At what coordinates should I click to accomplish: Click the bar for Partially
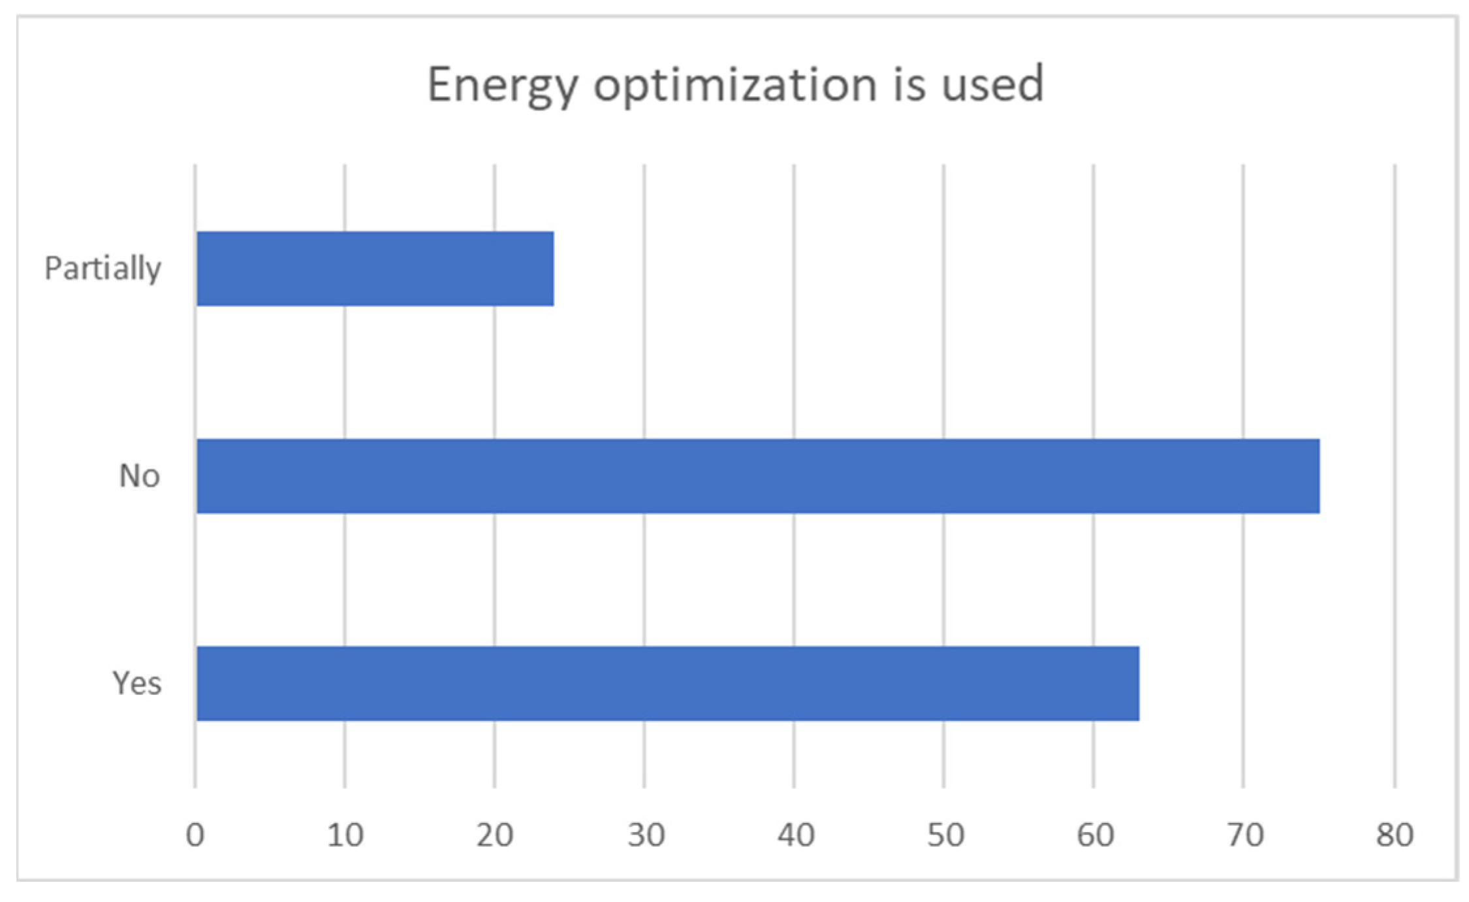click(375, 268)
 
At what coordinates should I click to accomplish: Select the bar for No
click(757, 476)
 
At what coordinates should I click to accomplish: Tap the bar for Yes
click(667, 684)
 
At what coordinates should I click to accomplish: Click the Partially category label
click(103, 268)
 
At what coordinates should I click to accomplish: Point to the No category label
click(139, 476)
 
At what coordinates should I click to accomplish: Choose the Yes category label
click(136, 684)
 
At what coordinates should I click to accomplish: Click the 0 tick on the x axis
click(195, 835)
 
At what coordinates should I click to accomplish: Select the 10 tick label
click(345, 835)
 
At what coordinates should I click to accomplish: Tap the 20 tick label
click(494, 835)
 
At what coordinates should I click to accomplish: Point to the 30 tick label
click(646, 835)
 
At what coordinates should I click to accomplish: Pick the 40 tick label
click(795, 835)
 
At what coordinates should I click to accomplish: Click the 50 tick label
click(945, 835)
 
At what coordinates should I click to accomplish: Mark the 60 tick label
click(1094, 835)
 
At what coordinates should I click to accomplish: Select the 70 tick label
click(1244, 835)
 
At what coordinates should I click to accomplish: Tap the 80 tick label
click(1395, 835)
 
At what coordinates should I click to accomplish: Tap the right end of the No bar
click(1318, 476)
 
